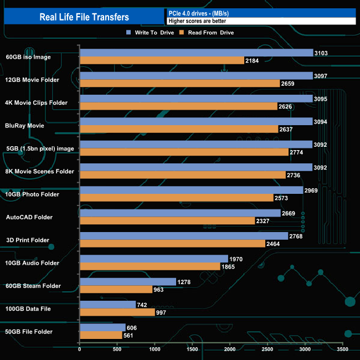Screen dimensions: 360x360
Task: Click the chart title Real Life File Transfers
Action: coord(84,17)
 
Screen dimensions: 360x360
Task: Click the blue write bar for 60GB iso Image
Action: coord(197,53)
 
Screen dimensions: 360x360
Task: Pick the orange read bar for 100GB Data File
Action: coord(117,312)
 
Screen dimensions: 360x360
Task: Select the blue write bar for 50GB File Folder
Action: coord(102,327)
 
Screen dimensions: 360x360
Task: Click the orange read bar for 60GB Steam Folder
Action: coord(116,289)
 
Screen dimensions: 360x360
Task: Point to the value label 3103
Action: coord(322,53)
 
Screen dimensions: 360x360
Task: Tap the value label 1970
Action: coord(236,259)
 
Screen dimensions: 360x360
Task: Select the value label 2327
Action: coord(263,221)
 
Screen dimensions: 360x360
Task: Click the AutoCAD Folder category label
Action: coord(29,217)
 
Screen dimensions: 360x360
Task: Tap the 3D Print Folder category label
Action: coord(28,240)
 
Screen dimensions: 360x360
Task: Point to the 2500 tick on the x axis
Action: coord(268,349)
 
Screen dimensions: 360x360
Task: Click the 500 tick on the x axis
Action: coord(117,349)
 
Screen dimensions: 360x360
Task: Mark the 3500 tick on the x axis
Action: coord(343,349)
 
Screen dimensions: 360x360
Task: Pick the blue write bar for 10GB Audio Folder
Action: coord(154,259)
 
